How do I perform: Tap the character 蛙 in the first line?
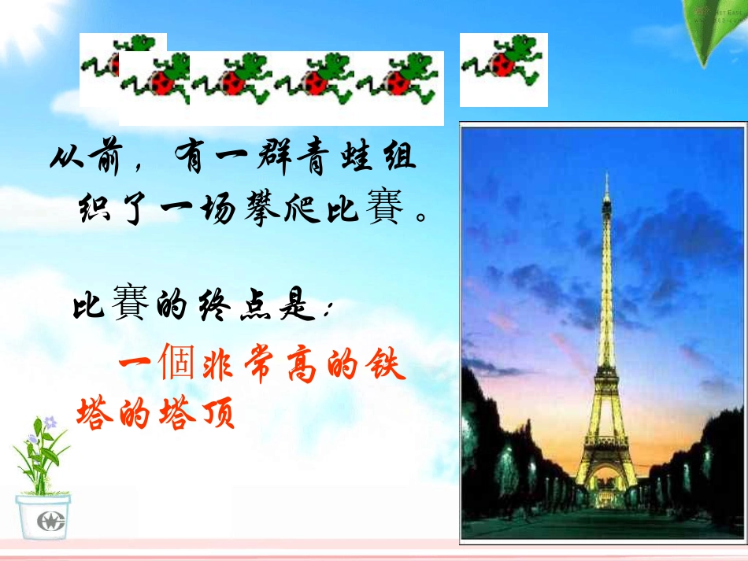(x=357, y=155)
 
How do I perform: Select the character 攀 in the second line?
(x=261, y=208)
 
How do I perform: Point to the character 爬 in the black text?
(x=302, y=208)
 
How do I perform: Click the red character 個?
(x=177, y=361)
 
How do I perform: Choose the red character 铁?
(x=386, y=364)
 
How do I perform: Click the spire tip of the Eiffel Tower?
(x=607, y=173)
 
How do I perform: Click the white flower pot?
(x=43, y=517)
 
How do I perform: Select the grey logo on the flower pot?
(x=50, y=521)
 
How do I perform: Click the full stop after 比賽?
(x=422, y=217)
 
